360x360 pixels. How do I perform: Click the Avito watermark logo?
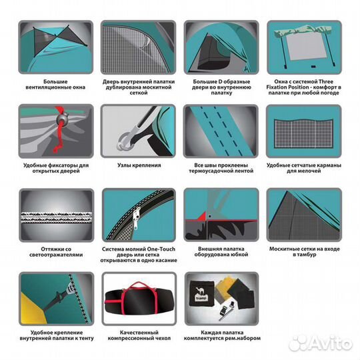[321, 343]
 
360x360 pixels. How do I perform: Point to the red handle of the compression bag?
[139, 285]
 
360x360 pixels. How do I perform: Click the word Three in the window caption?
[326, 81]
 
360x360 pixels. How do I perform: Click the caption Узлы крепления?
[139, 165]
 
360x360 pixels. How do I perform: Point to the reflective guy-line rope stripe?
[56, 217]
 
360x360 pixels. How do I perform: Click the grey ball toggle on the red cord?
[61, 118]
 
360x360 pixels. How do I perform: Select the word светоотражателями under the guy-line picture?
[56, 255]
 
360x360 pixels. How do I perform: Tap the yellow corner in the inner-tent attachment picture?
[32, 307]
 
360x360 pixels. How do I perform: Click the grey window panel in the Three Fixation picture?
[305, 47]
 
